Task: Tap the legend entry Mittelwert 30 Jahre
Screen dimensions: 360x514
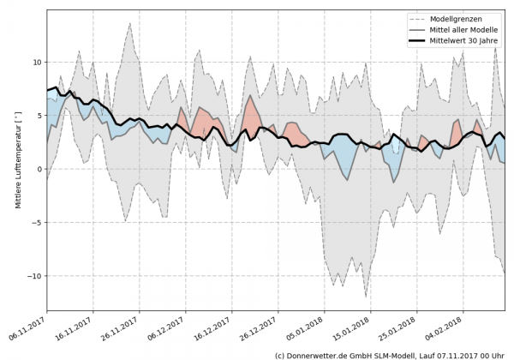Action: (x=469, y=41)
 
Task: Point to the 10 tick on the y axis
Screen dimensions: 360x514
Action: (x=36, y=63)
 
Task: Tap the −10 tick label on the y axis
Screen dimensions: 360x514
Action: (x=33, y=276)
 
